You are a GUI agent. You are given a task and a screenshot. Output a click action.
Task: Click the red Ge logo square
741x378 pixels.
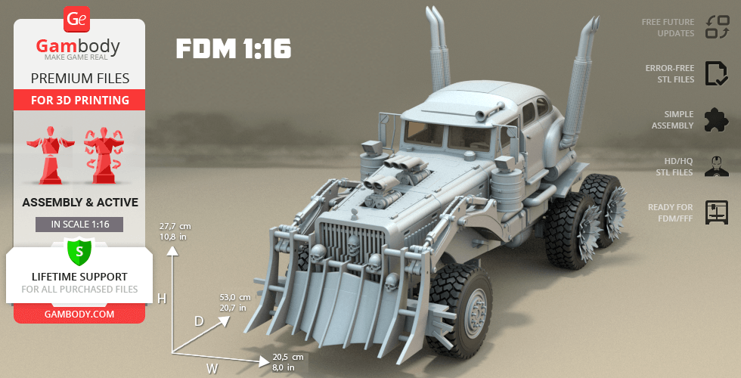pyautogui.click(x=76, y=20)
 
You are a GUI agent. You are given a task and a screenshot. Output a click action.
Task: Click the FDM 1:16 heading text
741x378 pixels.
pyautogui.click(x=234, y=48)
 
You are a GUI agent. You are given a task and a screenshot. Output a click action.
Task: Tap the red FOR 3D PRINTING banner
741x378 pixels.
pyautogui.click(x=79, y=100)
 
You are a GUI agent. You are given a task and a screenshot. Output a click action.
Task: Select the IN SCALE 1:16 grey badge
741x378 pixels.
pyautogui.click(x=79, y=225)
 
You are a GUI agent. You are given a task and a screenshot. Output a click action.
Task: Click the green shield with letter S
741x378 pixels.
pyautogui.click(x=79, y=252)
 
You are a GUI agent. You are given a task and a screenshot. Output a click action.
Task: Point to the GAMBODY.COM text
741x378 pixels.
pyautogui.click(x=79, y=314)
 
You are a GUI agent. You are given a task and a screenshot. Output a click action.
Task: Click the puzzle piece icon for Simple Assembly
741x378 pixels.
pyautogui.click(x=717, y=119)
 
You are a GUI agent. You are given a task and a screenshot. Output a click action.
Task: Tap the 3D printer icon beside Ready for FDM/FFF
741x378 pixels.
pyautogui.click(x=717, y=212)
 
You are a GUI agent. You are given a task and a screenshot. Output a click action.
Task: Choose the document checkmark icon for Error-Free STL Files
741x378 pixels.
pyautogui.click(x=717, y=73)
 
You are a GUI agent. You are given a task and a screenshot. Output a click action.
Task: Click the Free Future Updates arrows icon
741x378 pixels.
pyautogui.click(x=718, y=27)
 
